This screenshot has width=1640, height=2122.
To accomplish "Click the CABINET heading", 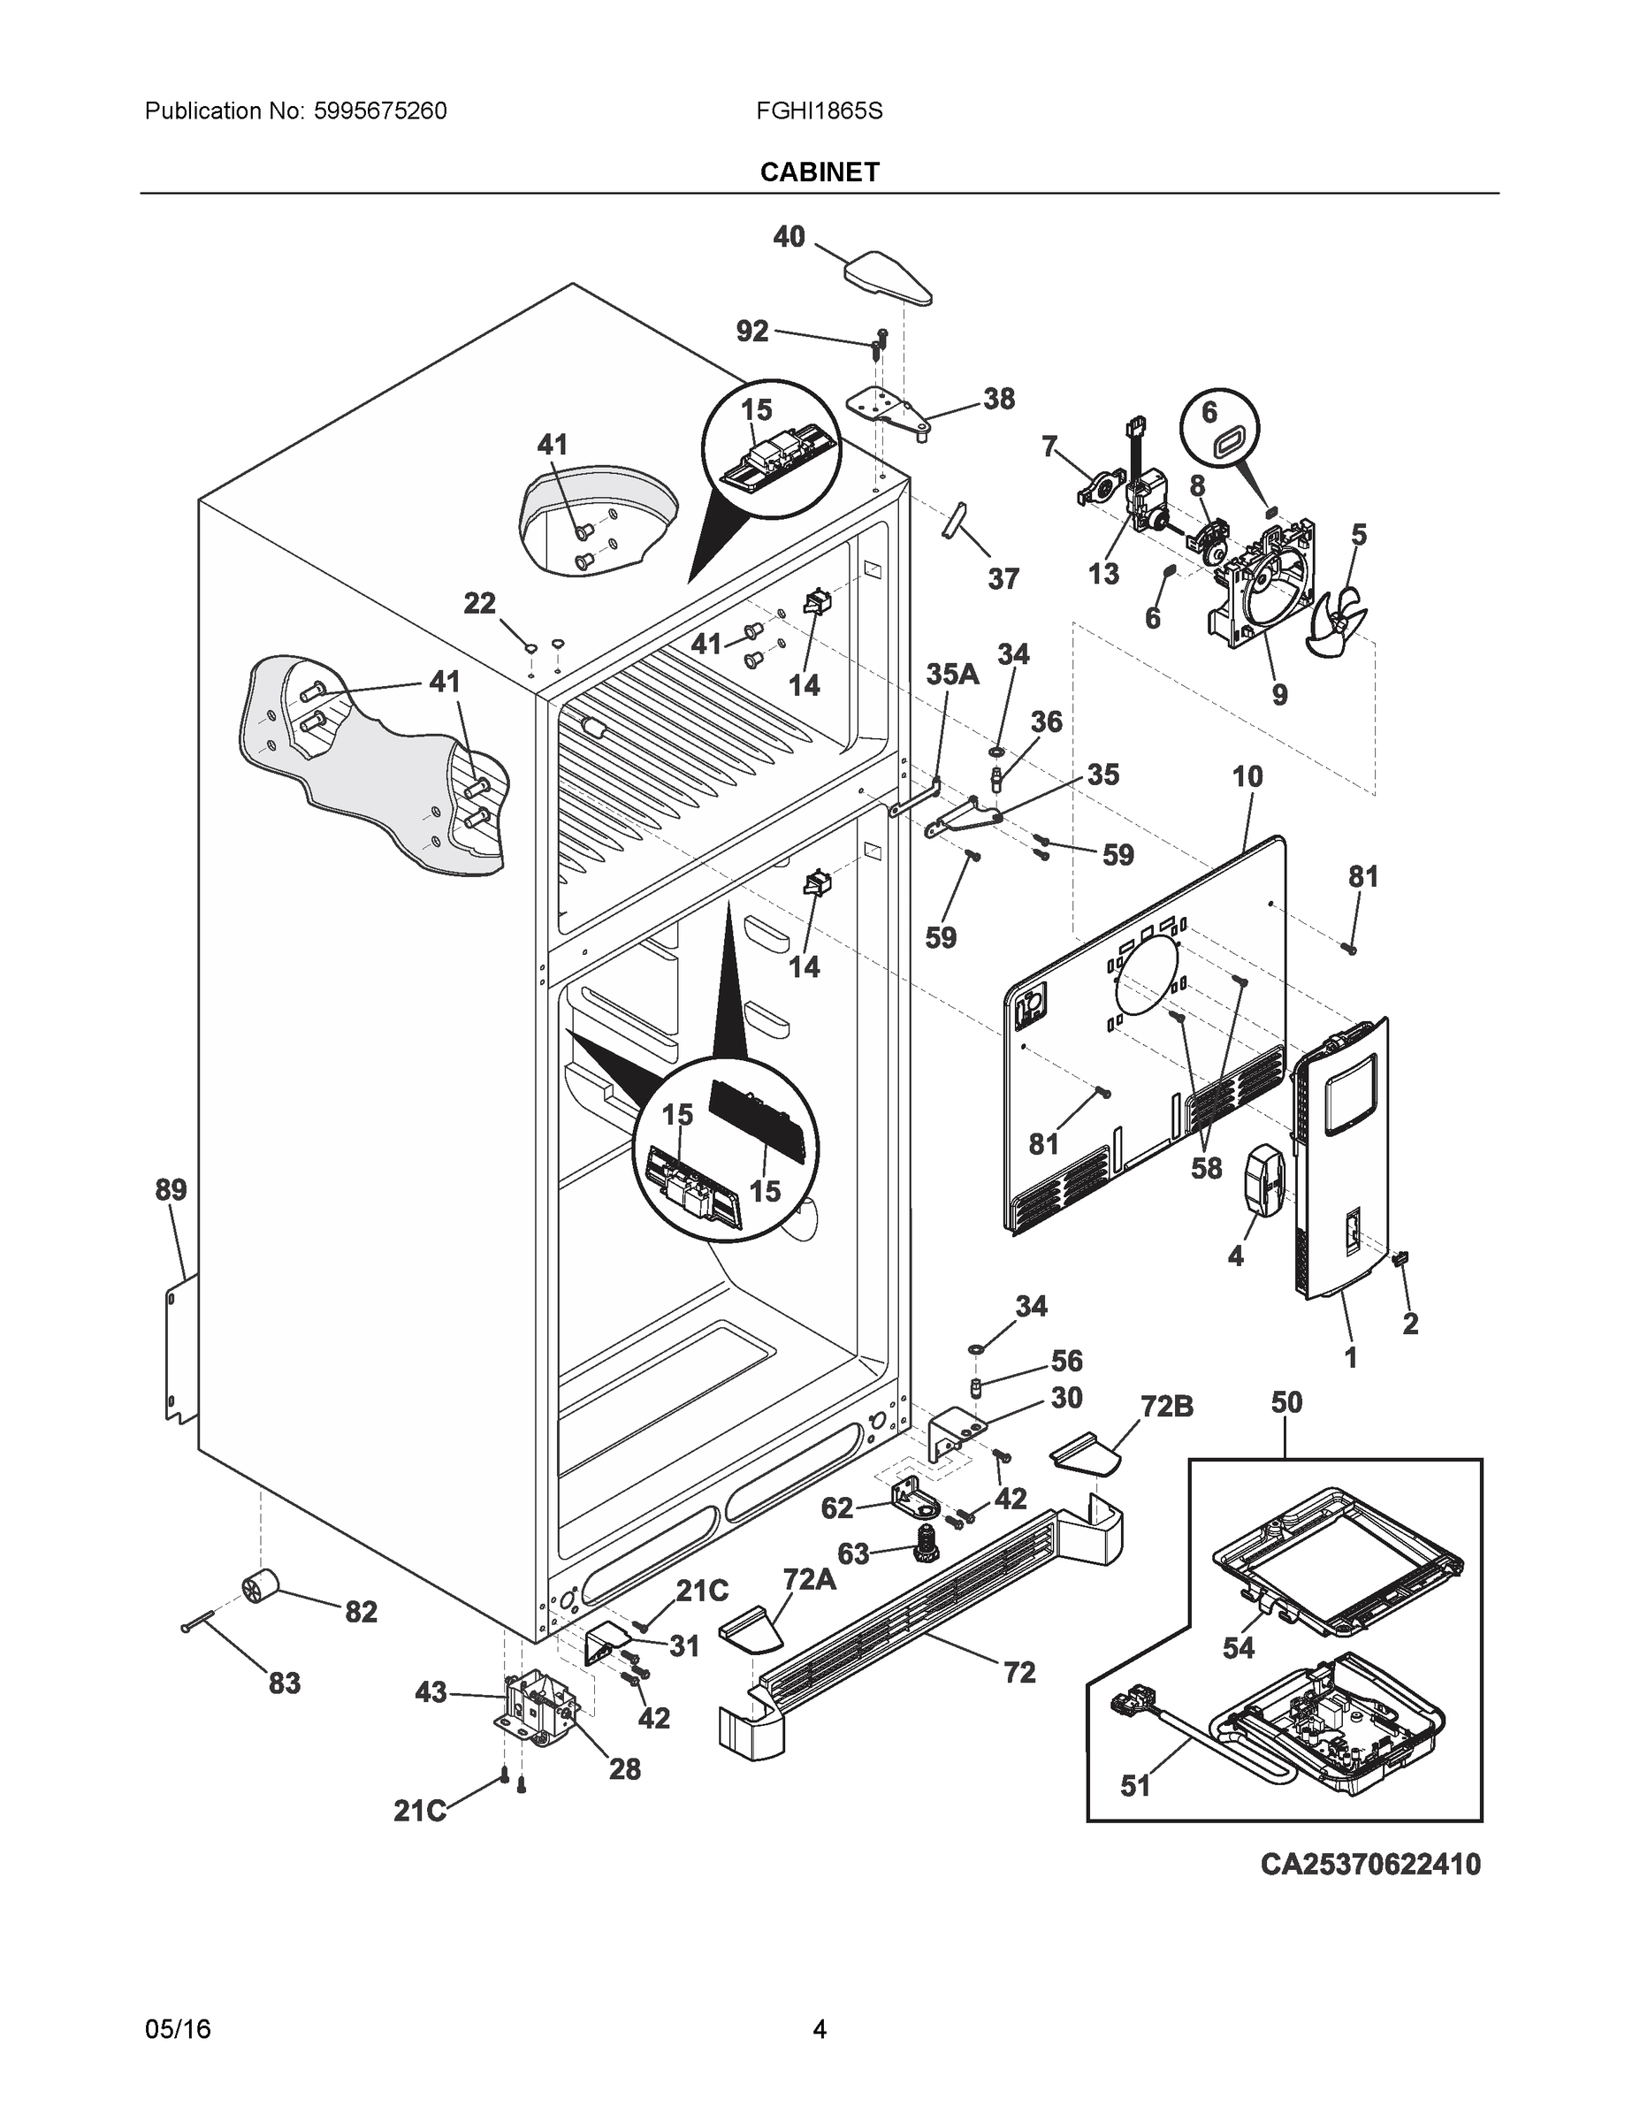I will [x=819, y=172].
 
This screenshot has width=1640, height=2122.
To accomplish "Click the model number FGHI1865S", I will [x=819, y=111].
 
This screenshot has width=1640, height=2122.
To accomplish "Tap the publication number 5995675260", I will [x=380, y=111].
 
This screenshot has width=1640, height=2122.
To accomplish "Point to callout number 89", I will [x=171, y=1190].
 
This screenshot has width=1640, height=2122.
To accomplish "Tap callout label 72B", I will [x=1167, y=1407].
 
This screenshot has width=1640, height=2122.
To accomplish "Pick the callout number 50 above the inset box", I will [x=1286, y=1403].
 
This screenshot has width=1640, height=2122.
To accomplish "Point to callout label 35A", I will [x=952, y=675].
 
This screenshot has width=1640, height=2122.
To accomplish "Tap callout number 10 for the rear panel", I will [x=1247, y=776].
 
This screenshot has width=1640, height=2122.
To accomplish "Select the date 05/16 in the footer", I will [x=178, y=2029].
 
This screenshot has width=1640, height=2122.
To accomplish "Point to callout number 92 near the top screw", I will [x=752, y=332].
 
